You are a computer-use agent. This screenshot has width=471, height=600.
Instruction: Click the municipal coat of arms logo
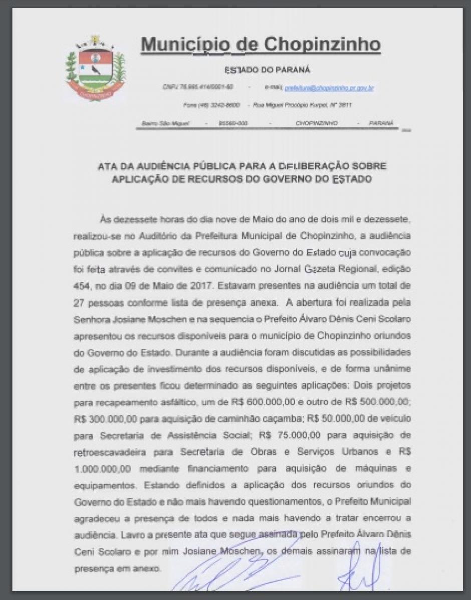pos(95,68)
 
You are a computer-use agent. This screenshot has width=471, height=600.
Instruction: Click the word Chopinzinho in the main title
pos(322,44)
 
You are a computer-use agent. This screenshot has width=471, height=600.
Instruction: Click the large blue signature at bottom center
pos(241,571)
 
